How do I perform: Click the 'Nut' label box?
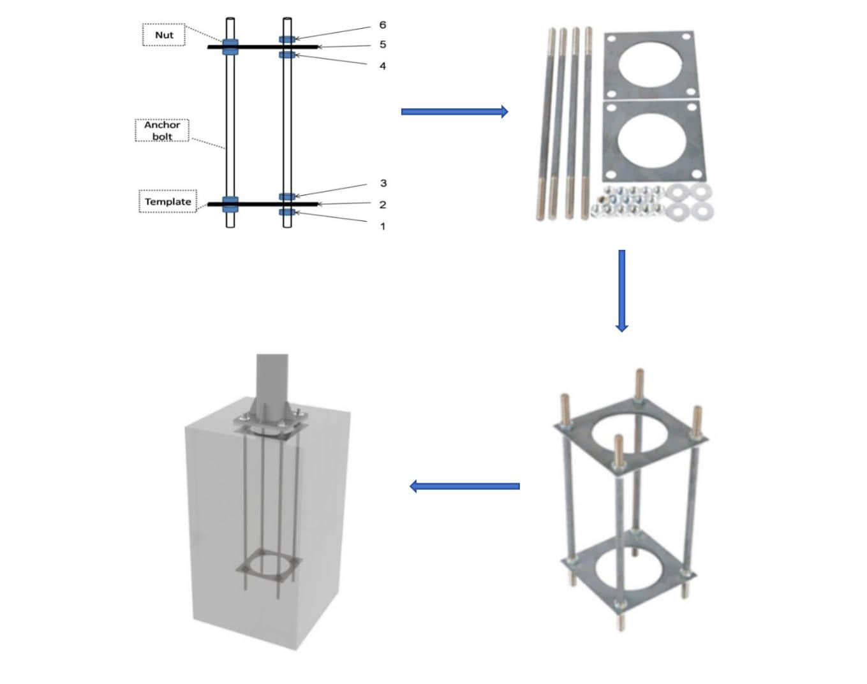tap(163, 35)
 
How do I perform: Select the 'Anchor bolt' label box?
tap(162, 130)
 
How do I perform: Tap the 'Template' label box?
tap(168, 201)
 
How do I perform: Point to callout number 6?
tap(382, 25)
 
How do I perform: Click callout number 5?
tap(382, 45)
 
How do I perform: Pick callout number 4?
tap(382, 66)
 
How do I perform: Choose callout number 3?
tap(383, 183)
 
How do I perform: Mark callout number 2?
tap(382, 205)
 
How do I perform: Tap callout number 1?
tap(382, 226)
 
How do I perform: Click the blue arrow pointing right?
tap(454, 112)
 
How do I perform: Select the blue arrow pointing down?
tap(621, 290)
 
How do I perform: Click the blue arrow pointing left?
tap(464, 486)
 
